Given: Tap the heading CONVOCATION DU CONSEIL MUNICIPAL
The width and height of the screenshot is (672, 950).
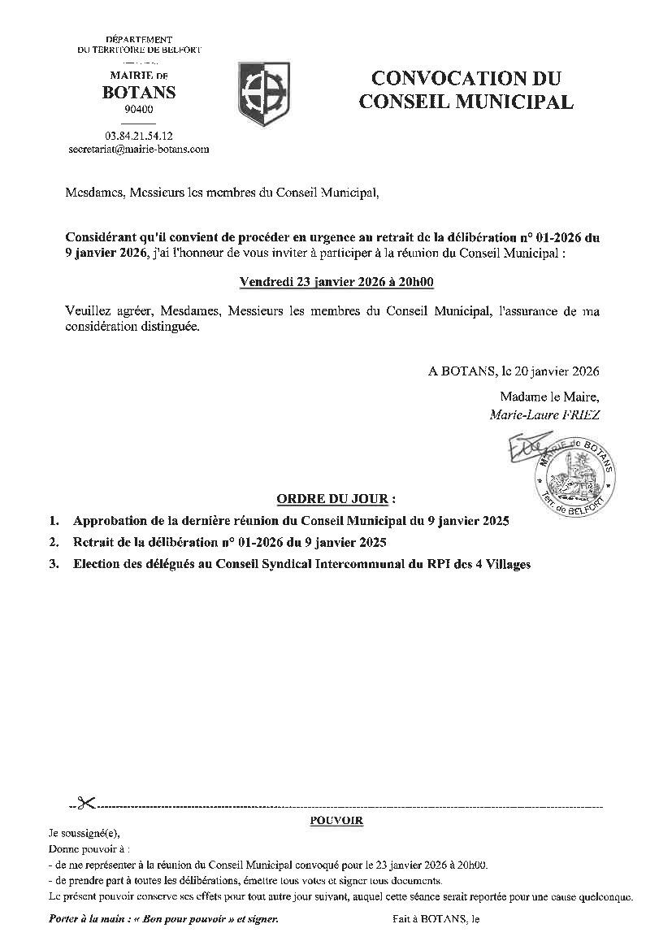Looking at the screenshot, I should coord(466,90).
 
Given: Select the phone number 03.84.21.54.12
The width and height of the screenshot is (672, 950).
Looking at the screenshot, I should coord(139,136).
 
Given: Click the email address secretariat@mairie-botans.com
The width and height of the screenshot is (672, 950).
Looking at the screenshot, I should coord(139,150).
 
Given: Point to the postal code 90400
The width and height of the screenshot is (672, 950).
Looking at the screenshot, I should coord(139,110).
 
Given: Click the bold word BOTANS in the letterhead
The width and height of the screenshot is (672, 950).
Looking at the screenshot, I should coord(139,93).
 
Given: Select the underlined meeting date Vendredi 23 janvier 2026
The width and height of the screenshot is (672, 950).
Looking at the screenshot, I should coord(336,282).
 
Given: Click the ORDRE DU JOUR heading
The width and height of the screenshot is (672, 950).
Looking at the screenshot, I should coord(336,498).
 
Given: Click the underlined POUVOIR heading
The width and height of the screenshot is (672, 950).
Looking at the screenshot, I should coord(336,821).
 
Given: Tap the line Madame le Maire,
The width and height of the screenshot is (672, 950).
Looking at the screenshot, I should coord(549,397).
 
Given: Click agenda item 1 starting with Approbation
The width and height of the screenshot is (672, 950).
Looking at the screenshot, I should coord(290,521).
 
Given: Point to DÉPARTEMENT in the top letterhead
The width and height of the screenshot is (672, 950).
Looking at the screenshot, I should coord(139,40).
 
